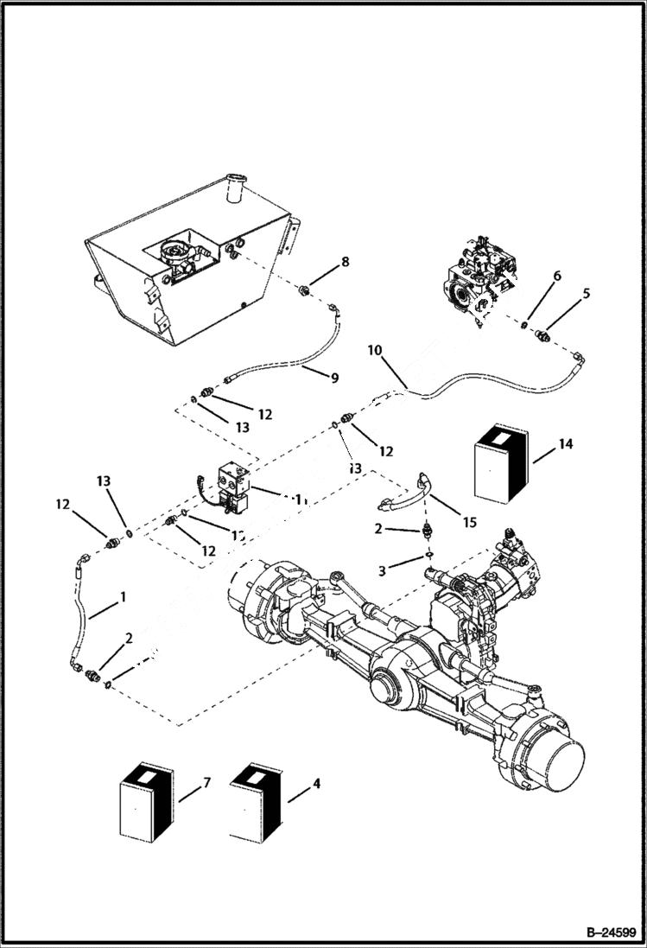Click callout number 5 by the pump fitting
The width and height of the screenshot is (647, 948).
[x=587, y=293]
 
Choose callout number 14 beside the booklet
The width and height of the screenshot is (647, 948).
[x=565, y=444]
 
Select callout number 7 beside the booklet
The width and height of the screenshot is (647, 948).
[x=206, y=784]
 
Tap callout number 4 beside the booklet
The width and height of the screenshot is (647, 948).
[x=316, y=784]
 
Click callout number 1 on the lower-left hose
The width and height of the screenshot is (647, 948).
[x=123, y=596]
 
